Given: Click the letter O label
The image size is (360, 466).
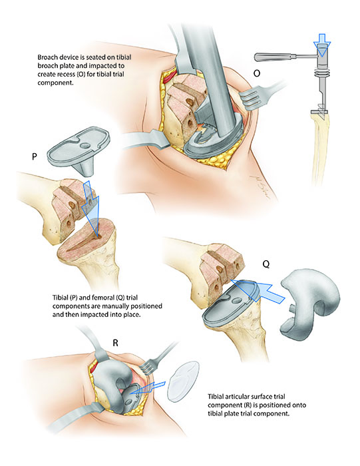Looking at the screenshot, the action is [x=257, y=73].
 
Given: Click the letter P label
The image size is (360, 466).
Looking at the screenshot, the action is [x=35, y=156].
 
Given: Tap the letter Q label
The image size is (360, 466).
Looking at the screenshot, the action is [x=266, y=264].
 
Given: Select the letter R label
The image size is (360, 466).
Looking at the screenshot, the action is [x=116, y=344].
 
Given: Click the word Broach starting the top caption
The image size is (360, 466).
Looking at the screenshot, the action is [x=46, y=57].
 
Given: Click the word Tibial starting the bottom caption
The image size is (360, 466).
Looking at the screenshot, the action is [x=216, y=397].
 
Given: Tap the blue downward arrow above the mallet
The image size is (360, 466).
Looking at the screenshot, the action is [x=322, y=45].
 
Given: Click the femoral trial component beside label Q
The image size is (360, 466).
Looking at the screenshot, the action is [x=309, y=303].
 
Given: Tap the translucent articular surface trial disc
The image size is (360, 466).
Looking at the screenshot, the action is [x=183, y=381].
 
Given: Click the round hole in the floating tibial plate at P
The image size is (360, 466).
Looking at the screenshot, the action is [x=85, y=146].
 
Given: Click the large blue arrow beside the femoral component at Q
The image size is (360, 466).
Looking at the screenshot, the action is [x=258, y=292].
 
